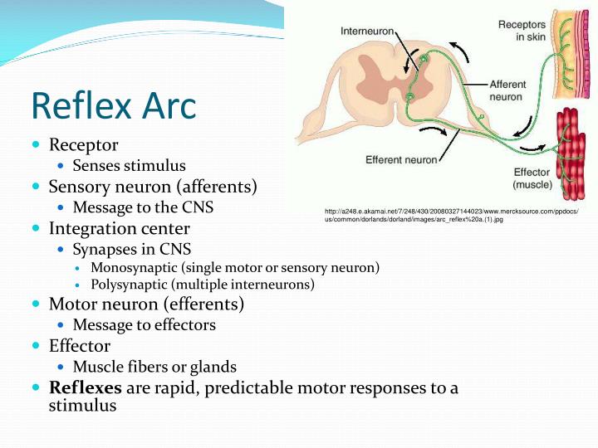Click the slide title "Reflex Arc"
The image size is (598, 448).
114,105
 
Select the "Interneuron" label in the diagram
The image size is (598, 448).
368,31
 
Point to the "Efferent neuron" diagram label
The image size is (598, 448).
401,159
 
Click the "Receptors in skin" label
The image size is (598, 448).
522,31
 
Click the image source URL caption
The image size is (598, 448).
457,217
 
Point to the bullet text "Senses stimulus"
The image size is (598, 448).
129,166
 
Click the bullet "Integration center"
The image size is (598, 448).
120,228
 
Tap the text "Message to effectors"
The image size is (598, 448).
144,325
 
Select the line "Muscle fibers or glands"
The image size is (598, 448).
154,367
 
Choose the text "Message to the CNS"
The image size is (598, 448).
143,207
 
